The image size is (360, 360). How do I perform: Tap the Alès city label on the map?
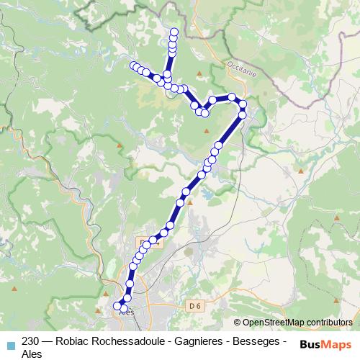(x=126, y=312)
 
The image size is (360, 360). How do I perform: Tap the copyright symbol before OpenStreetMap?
(x=238, y=323)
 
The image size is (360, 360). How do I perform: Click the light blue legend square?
(x=10, y=343)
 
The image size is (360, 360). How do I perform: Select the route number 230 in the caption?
(x=30, y=341)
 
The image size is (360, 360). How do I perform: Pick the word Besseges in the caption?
(x=256, y=341)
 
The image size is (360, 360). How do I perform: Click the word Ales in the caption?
(x=32, y=354)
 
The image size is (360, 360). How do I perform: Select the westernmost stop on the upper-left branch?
(x=132, y=66)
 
